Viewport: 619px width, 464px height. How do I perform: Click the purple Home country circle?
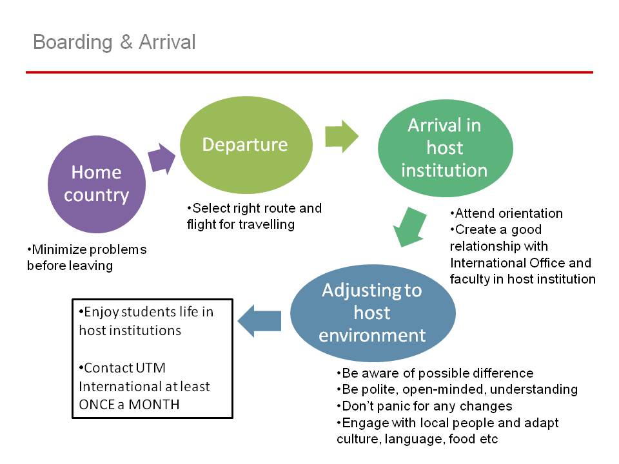[97, 184]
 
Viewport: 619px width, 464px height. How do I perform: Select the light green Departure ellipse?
[246, 145]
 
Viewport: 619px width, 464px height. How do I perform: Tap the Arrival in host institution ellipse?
[446, 148]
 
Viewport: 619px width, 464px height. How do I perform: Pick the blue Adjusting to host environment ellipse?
[373, 313]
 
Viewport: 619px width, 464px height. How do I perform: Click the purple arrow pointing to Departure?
[161, 159]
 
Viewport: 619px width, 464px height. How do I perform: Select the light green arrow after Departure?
[342, 137]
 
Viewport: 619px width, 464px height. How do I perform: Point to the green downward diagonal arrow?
[409, 227]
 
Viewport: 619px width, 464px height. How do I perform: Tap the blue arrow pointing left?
[259, 321]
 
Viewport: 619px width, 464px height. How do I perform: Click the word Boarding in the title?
[73, 43]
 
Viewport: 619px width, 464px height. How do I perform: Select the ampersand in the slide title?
[126, 42]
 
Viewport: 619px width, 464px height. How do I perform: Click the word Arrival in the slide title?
[167, 42]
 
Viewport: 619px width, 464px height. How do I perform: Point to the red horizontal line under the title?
[309, 72]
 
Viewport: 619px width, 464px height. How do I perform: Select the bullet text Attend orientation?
[507, 213]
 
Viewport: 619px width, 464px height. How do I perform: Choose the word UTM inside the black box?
[144, 368]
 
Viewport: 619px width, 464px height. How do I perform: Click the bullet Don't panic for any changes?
[424, 406]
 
